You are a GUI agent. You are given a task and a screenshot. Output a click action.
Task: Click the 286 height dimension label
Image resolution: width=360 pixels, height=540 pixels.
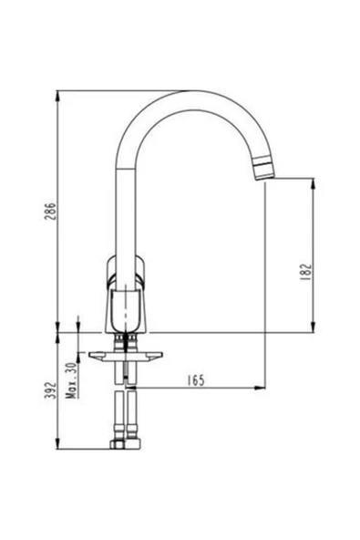[x=49, y=212]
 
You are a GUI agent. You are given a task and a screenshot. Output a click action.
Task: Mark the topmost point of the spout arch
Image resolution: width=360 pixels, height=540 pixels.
[x=191, y=92]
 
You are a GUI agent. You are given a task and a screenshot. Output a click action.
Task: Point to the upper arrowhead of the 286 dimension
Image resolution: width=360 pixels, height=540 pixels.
[x=57, y=95]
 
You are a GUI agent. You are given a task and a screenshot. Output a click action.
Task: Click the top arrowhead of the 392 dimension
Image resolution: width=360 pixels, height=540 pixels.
[x=57, y=338]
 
